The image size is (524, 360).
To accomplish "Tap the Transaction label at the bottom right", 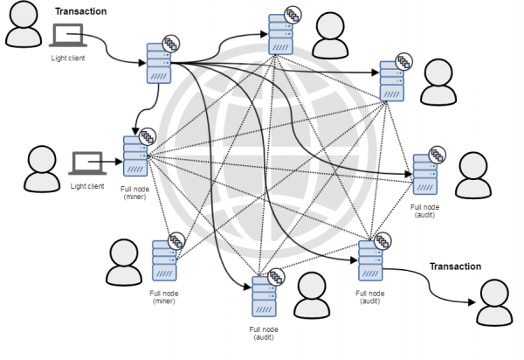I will coord(455,266).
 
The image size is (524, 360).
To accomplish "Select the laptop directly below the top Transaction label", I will coord(68,35).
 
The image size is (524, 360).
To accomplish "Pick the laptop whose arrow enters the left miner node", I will coord(87,162).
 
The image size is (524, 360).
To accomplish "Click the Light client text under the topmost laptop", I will coord(67,58).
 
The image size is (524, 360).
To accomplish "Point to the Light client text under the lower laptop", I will coord(87,185).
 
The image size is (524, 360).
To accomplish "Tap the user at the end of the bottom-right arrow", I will coord(495,301).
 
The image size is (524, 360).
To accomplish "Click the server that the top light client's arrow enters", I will coord(157,63).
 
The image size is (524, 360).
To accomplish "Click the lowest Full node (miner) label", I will coord(163,297).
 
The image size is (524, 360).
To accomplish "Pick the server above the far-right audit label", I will coord(425,176).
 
